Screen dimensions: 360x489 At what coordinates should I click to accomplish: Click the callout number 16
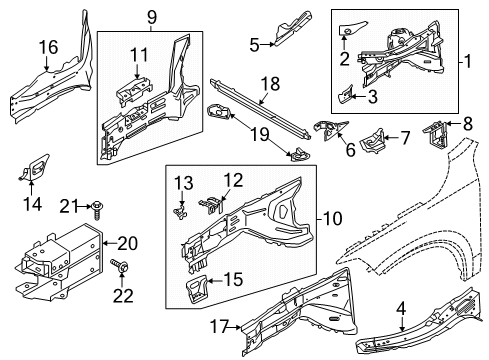(48, 47)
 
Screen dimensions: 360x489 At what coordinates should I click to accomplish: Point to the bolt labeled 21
(98, 212)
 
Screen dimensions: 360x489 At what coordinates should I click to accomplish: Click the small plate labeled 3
(345, 94)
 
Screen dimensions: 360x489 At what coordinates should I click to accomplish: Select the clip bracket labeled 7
(377, 139)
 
